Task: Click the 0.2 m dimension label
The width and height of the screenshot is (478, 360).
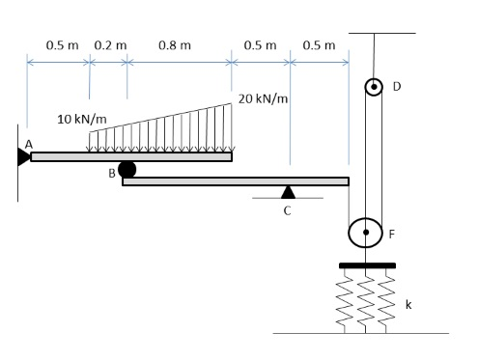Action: [109, 45]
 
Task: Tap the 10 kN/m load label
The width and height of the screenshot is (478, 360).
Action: [82, 119]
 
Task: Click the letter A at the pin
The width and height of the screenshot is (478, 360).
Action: [29, 144]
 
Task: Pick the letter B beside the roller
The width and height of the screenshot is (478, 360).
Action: [112, 174]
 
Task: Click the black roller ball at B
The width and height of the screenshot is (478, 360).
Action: [127, 170]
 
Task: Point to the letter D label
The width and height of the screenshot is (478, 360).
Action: [396, 87]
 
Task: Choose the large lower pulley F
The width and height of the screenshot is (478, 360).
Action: [366, 233]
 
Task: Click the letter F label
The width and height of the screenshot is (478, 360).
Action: [391, 234]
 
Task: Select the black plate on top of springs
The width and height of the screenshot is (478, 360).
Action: [367, 264]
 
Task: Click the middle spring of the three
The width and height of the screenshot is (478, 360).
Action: [367, 299]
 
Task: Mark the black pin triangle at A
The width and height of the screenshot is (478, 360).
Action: [23, 156]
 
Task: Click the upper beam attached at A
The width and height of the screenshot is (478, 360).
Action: [130, 156]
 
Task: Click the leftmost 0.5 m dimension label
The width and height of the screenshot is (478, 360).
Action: [62, 45]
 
